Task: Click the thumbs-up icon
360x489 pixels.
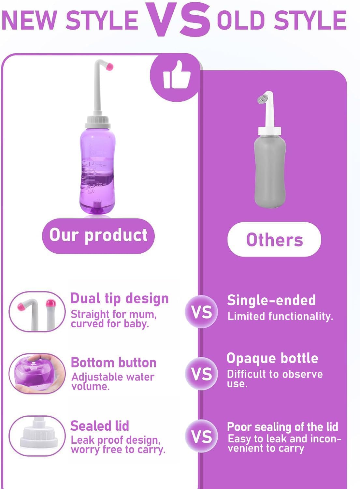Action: pos(176,76)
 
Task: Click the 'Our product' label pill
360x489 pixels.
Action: pos(98,236)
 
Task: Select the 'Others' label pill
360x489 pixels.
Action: pos(274,240)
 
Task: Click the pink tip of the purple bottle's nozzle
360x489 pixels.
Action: pos(110,67)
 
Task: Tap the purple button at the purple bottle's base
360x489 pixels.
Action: pos(97,207)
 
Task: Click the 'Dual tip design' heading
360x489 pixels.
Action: pos(120,299)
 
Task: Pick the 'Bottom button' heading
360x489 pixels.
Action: pos(114,363)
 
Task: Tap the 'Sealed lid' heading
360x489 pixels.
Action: pos(100,426)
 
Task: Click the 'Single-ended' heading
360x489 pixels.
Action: pos(271,300)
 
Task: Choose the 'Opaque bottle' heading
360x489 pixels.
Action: pos(272,358)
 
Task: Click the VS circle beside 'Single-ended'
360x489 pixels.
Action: pos(201,312)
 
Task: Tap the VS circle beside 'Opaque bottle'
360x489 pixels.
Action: pos(201,374)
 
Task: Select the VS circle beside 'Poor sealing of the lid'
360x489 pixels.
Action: pos(201,436)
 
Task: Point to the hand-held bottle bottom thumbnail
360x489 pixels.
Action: pos(37,374)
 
